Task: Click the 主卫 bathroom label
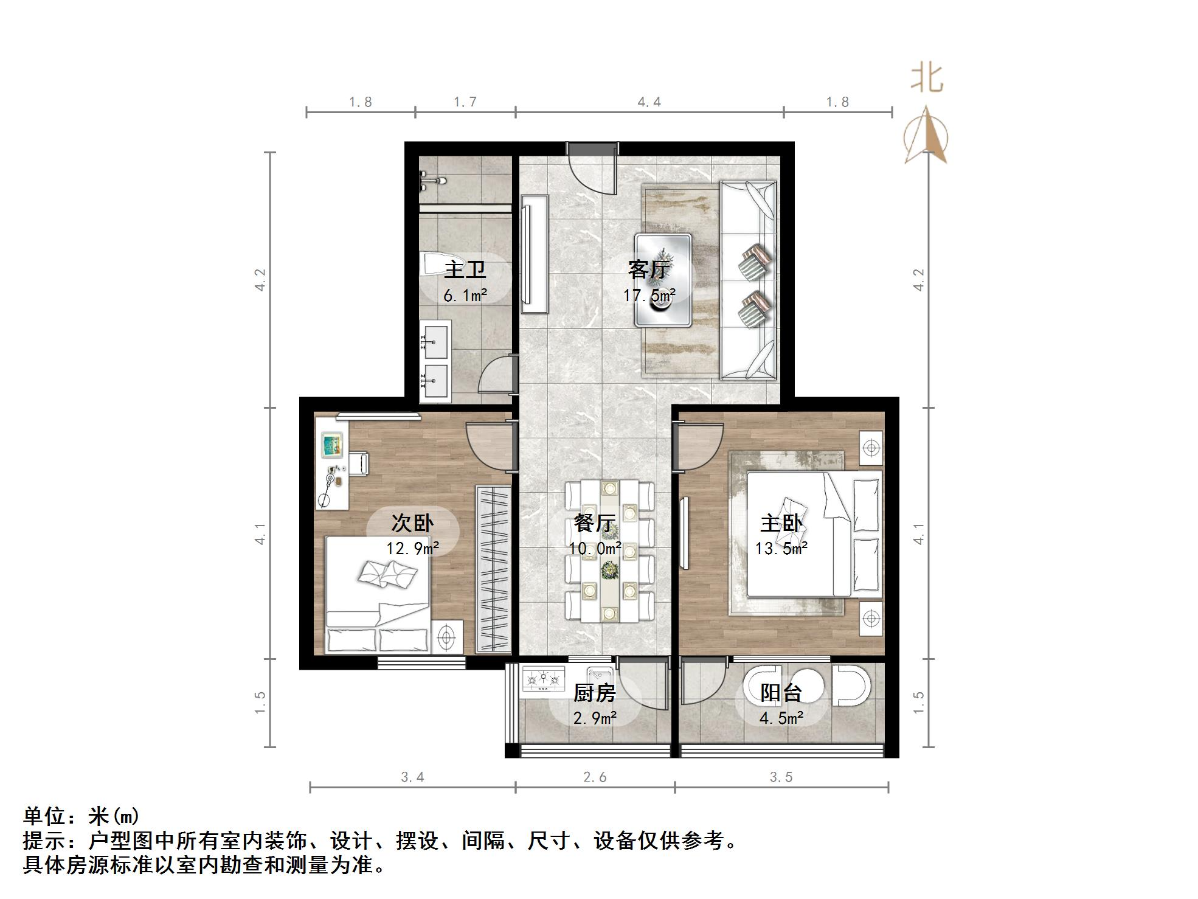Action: (x=465, y=269)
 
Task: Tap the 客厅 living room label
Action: (x=649, y=269)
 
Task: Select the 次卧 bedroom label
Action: (x=412, y=522)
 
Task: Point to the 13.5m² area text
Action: (x=781, y=549)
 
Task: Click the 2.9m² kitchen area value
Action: (x=595, y=718)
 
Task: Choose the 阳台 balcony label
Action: (x=781, y=692)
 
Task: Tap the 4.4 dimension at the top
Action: (x=649, y=102)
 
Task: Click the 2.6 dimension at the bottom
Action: (x=595, y=777)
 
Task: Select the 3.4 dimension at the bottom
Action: (x=412, y=777)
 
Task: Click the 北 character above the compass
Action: (x=927, y=78)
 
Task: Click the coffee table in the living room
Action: (x=663, y=280)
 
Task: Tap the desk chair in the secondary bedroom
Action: (x=358, y=463)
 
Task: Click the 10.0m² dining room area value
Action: (x=595, y=549)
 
